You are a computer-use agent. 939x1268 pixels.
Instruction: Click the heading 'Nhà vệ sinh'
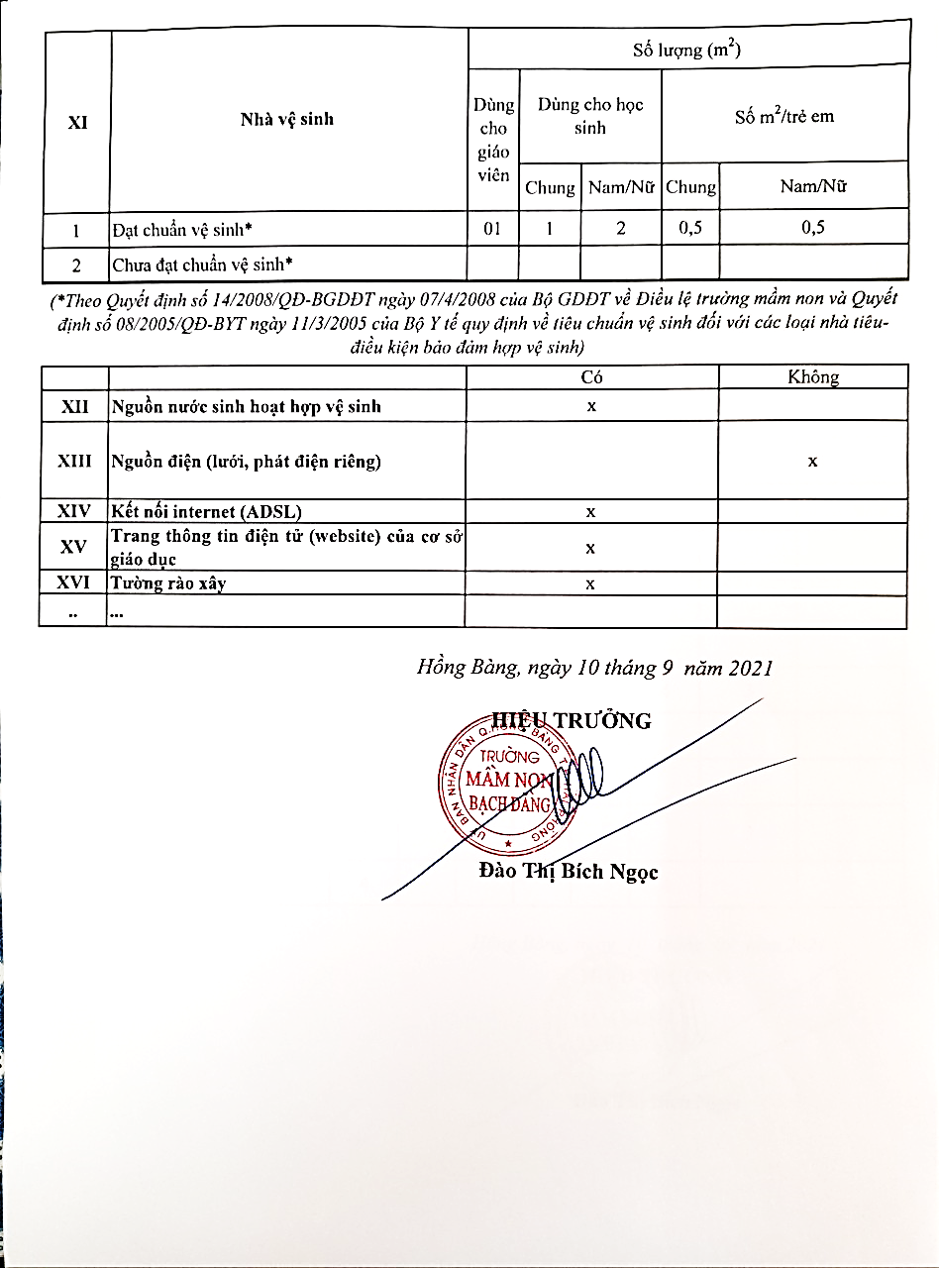[287, 120]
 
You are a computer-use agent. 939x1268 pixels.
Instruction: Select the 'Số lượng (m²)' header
[686, 50]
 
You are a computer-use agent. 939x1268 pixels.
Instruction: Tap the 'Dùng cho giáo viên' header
[493, 140]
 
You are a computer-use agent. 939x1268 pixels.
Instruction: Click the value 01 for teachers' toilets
[493, 228]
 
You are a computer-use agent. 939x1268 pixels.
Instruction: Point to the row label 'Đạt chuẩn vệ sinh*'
[182, 229]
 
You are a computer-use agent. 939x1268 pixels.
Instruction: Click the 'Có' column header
[591, 377]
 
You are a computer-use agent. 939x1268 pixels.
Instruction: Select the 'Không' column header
[812, 377]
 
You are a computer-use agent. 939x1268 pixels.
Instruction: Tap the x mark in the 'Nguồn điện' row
[812, 461]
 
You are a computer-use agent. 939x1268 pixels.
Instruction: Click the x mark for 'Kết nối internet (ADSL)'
[590, 512]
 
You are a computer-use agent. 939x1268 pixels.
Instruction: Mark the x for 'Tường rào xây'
[590, 583]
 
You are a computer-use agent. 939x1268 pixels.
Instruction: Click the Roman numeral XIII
[74, 461]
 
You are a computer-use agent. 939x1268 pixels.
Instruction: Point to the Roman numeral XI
[77, 123]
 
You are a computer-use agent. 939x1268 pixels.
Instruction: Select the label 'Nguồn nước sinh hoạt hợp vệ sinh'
[247, 406]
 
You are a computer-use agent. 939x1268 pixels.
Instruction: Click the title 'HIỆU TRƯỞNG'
[573, 720]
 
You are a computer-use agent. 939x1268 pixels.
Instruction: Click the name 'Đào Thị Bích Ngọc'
[568, 872]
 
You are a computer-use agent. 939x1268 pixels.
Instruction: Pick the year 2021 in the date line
[750, 669]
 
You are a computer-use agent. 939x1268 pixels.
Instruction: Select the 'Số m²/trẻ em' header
[784, 117]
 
